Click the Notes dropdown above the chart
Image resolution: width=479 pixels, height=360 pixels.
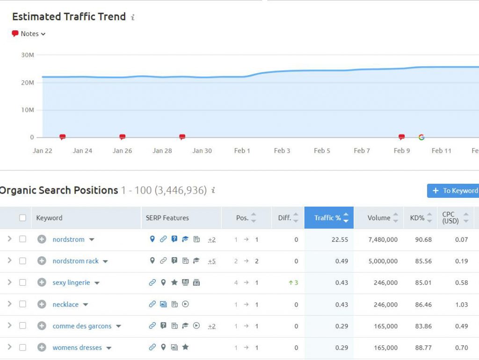coord(29,34)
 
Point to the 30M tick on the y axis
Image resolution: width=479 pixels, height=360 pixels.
coord(28,55)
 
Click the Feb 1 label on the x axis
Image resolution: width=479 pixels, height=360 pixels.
coord(242,151)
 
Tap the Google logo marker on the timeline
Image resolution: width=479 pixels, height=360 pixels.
coord(421,137)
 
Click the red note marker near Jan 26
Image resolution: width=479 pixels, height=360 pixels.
coord(123,137)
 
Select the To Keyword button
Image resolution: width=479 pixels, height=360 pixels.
coord(454,190)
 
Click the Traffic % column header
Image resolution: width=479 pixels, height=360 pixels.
coord(328,218)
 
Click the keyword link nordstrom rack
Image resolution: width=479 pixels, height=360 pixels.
coord(75,261)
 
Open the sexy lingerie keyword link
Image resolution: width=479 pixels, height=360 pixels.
coord(71,282)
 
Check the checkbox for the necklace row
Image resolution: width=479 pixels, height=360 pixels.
coord(22,304)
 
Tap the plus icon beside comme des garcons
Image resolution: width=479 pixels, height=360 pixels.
coord(42,326)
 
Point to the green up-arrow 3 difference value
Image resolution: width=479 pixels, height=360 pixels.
coord(293,282)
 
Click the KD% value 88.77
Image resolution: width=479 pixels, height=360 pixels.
coord(423,347)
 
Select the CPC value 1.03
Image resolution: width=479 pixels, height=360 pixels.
coord(461,304)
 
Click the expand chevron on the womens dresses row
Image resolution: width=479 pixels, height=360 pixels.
coord(9,347)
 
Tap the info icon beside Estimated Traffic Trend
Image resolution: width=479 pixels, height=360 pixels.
coord(133,17)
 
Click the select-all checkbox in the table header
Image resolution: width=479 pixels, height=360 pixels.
coord(22,218)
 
